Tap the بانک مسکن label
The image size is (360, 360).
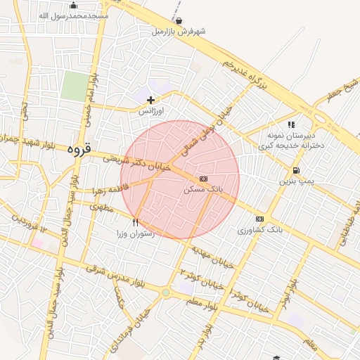pos(203,189)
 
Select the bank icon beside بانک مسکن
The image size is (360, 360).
pos(203,179)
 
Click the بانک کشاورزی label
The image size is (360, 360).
pos(259,229)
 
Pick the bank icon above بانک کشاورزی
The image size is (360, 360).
pos(259,219)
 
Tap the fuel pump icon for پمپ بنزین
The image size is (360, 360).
pos(295,170)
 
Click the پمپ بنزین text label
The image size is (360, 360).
pos(295,181)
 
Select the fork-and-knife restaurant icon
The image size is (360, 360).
pos(135,222)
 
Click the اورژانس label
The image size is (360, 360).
pos(150,111)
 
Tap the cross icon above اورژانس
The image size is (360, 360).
pos(150,101)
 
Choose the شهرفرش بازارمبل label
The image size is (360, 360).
pos(179,32)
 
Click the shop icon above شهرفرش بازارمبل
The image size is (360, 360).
pos(179,21)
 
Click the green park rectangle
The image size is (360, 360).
pos(73,86)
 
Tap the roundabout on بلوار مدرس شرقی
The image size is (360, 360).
pos(165,292)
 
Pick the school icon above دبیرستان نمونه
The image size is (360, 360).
pos(291,124)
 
